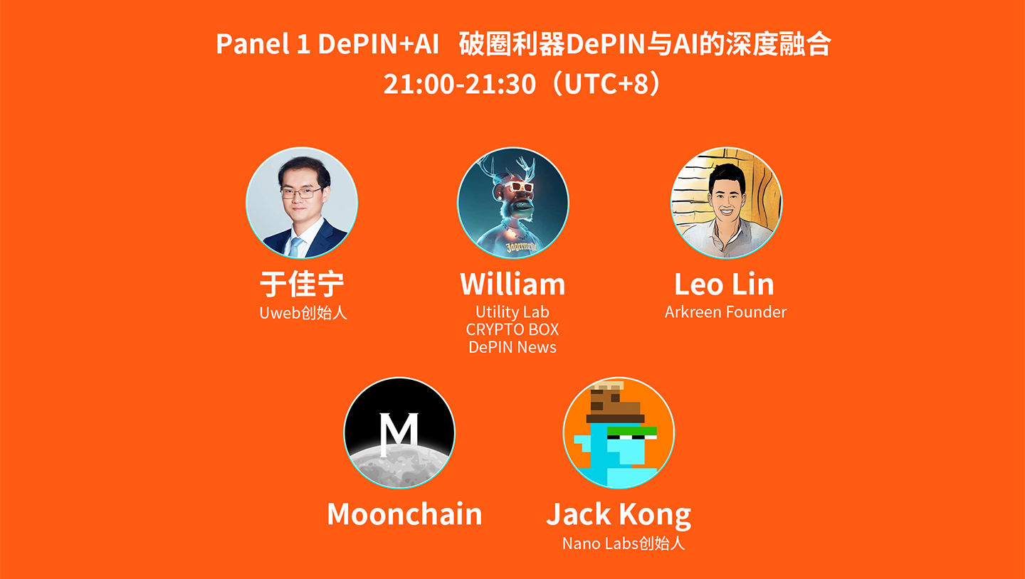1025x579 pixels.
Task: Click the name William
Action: click(x=512, y=285)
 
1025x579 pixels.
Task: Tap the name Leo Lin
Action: click(x=724, y=285)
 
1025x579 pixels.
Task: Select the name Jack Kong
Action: click(x=619, y=514)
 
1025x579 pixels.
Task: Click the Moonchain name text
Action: click(x=404, y=514)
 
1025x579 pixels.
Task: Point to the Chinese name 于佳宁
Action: click(x=302, y=285)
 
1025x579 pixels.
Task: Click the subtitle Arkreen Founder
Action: click(x=725, y=312)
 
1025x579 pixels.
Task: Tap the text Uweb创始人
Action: click(x=303, y=313)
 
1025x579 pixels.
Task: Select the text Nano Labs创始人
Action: click(x=623, y=543)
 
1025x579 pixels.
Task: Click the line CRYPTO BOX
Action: click(x=512, y=330)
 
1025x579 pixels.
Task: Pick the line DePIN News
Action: click(x=512, y=347)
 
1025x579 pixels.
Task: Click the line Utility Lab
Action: click(x=512, y=312)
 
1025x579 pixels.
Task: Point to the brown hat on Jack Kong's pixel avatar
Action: click(x=611, y=405)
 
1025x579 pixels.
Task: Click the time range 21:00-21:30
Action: click(x=459, y=84)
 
